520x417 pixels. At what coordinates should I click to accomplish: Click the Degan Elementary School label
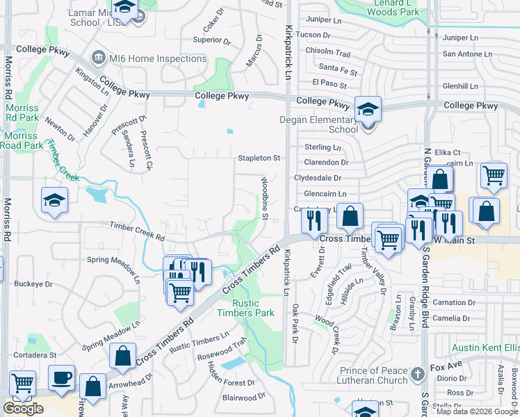[x=318, y=124]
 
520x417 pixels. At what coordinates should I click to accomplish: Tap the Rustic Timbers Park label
[x=254, y=308]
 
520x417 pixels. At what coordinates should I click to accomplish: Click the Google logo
[x=23, y=409]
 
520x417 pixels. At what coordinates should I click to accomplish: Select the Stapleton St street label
[x=259, y=158]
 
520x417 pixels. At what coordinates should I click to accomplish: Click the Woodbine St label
[x=265, y=198]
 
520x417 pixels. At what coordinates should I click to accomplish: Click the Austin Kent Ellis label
[x=485, y=347]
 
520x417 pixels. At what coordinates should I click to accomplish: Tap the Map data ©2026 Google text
[x=476, y=411]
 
